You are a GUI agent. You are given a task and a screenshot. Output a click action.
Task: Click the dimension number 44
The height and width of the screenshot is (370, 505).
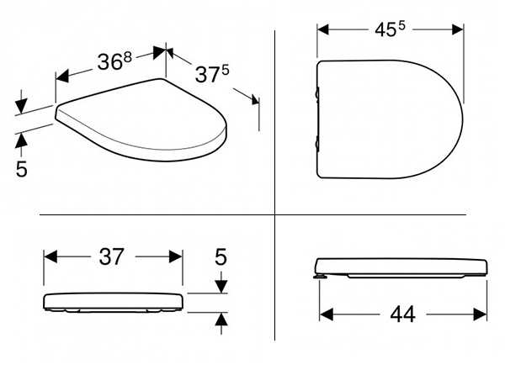pyautogui.click(x=402, y=314)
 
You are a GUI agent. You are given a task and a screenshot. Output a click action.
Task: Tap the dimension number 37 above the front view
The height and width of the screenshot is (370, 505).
pyautogui.click(x=111, y=256)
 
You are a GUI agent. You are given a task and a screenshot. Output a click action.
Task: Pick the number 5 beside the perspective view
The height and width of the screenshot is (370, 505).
pyautogui.click(x=22, y=168)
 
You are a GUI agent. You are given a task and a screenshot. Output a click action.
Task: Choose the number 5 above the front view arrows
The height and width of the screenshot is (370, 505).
pyautogui.click(x=221, y=256)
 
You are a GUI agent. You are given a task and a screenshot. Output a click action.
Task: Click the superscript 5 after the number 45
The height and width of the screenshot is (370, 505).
pyautogui.click(x=401, y=26)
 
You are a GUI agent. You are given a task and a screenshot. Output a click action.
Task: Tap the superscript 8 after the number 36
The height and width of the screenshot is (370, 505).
pyautogui.click(x=128, y=57)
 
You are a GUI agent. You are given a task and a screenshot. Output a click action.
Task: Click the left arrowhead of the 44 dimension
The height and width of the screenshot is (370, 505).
pyautogui.click(x=326, y=314)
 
